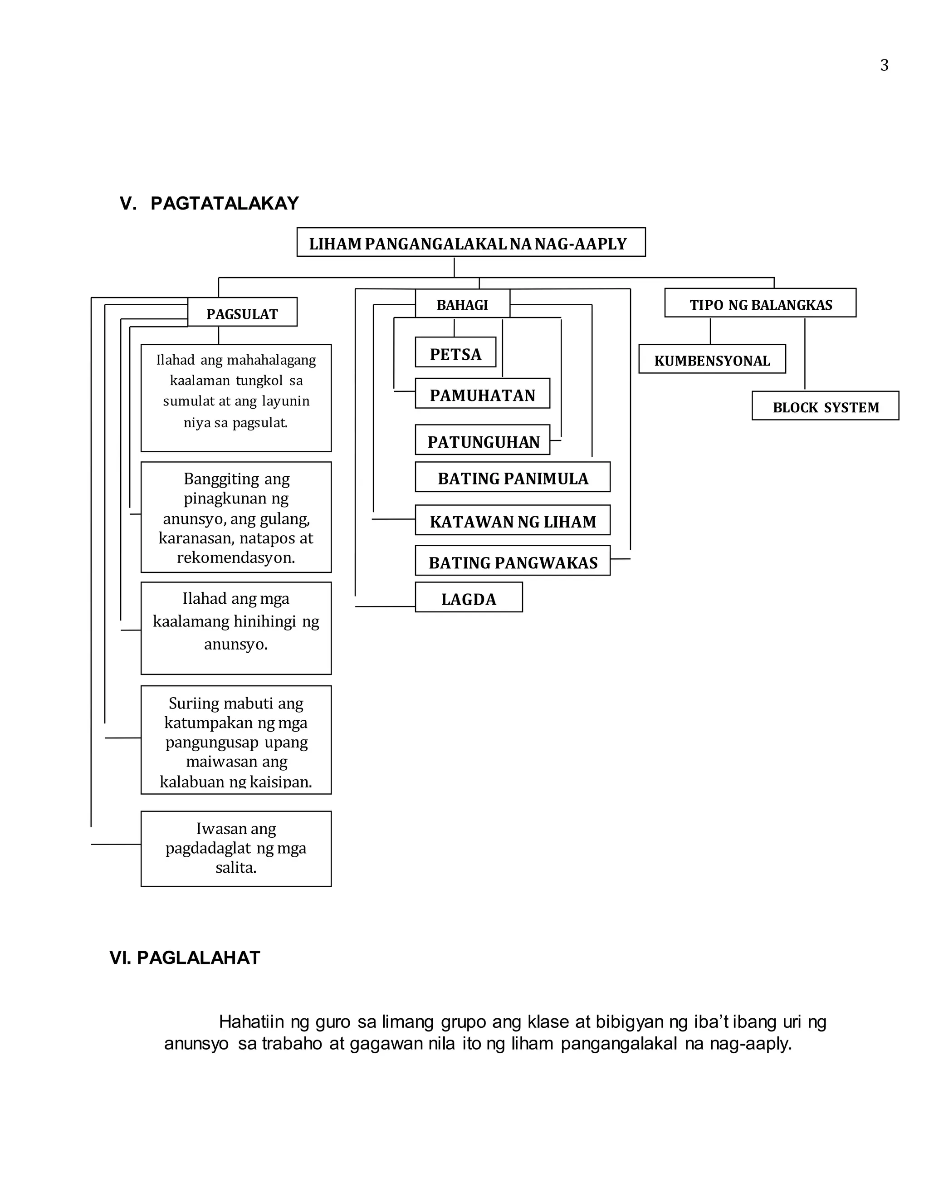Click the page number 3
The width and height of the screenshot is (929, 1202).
coord(884,65)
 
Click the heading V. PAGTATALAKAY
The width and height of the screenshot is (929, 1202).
coord(209,203)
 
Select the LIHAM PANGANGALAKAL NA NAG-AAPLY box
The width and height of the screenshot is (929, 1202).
coord(470,242)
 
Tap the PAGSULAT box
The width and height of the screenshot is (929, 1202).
coord(242,313)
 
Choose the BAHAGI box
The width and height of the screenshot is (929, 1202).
coord(462,303)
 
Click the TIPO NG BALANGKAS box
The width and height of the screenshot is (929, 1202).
coord(760,303)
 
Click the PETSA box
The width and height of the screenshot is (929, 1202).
coord(455,353)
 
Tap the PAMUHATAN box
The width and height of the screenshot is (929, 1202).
coord(482,394)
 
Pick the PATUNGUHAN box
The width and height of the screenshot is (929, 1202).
coord(483,440)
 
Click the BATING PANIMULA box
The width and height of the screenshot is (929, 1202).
coord(513,477)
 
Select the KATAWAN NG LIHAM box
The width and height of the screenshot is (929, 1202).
coord(513,521)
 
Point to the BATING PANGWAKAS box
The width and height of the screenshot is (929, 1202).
coord(513,562)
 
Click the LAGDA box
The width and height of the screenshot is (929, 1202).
coord(468,598)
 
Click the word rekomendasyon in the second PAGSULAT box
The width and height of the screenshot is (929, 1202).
coord(235,557)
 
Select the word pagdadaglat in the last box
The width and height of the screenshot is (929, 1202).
coord(208,848)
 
